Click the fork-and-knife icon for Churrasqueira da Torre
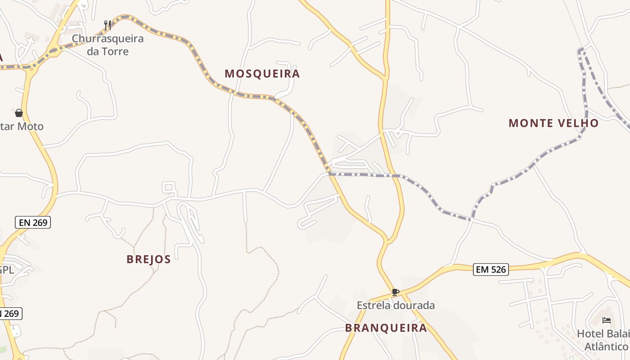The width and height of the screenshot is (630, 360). [x=107, y=25]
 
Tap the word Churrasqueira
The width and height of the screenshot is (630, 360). [x=108, y=39]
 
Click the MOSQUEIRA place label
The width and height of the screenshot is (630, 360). [x=262, y=74]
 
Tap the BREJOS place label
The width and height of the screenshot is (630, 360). [x=148, y=259]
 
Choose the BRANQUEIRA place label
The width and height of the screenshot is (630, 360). [x=386, y=328]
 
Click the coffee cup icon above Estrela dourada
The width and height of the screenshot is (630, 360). [x=395, y=292]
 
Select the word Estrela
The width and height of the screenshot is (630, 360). [x=373, y=306]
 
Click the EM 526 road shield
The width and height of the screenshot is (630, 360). [x=491, y=270]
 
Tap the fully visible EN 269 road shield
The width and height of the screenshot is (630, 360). [x=33, y=222]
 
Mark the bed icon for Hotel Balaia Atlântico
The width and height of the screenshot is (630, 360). [x=607, y=320]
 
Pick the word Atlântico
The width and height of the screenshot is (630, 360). [x=606, y=346]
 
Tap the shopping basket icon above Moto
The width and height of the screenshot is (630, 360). [x=19, y=113]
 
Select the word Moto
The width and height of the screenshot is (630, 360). [x=31, y=126]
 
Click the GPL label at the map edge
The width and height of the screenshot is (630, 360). [x=7, y=270]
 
